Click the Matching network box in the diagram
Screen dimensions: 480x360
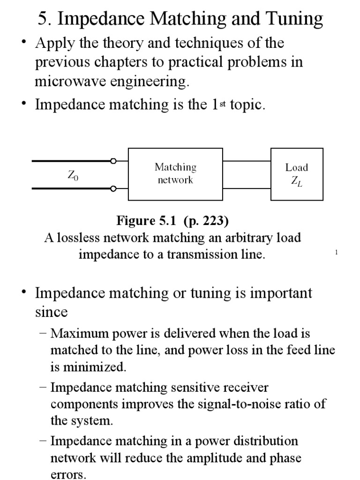point(175,174)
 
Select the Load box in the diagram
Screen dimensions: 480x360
point(297,174)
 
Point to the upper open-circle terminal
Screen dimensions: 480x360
point(113,161)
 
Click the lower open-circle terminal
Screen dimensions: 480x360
point(113,189)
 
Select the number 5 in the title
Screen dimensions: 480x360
point(43,19)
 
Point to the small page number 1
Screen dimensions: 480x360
point(337,253)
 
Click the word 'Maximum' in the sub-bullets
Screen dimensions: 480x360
point(77,333)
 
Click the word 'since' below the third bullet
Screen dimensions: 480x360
point(51,311)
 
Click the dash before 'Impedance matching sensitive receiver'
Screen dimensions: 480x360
point(44,388)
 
